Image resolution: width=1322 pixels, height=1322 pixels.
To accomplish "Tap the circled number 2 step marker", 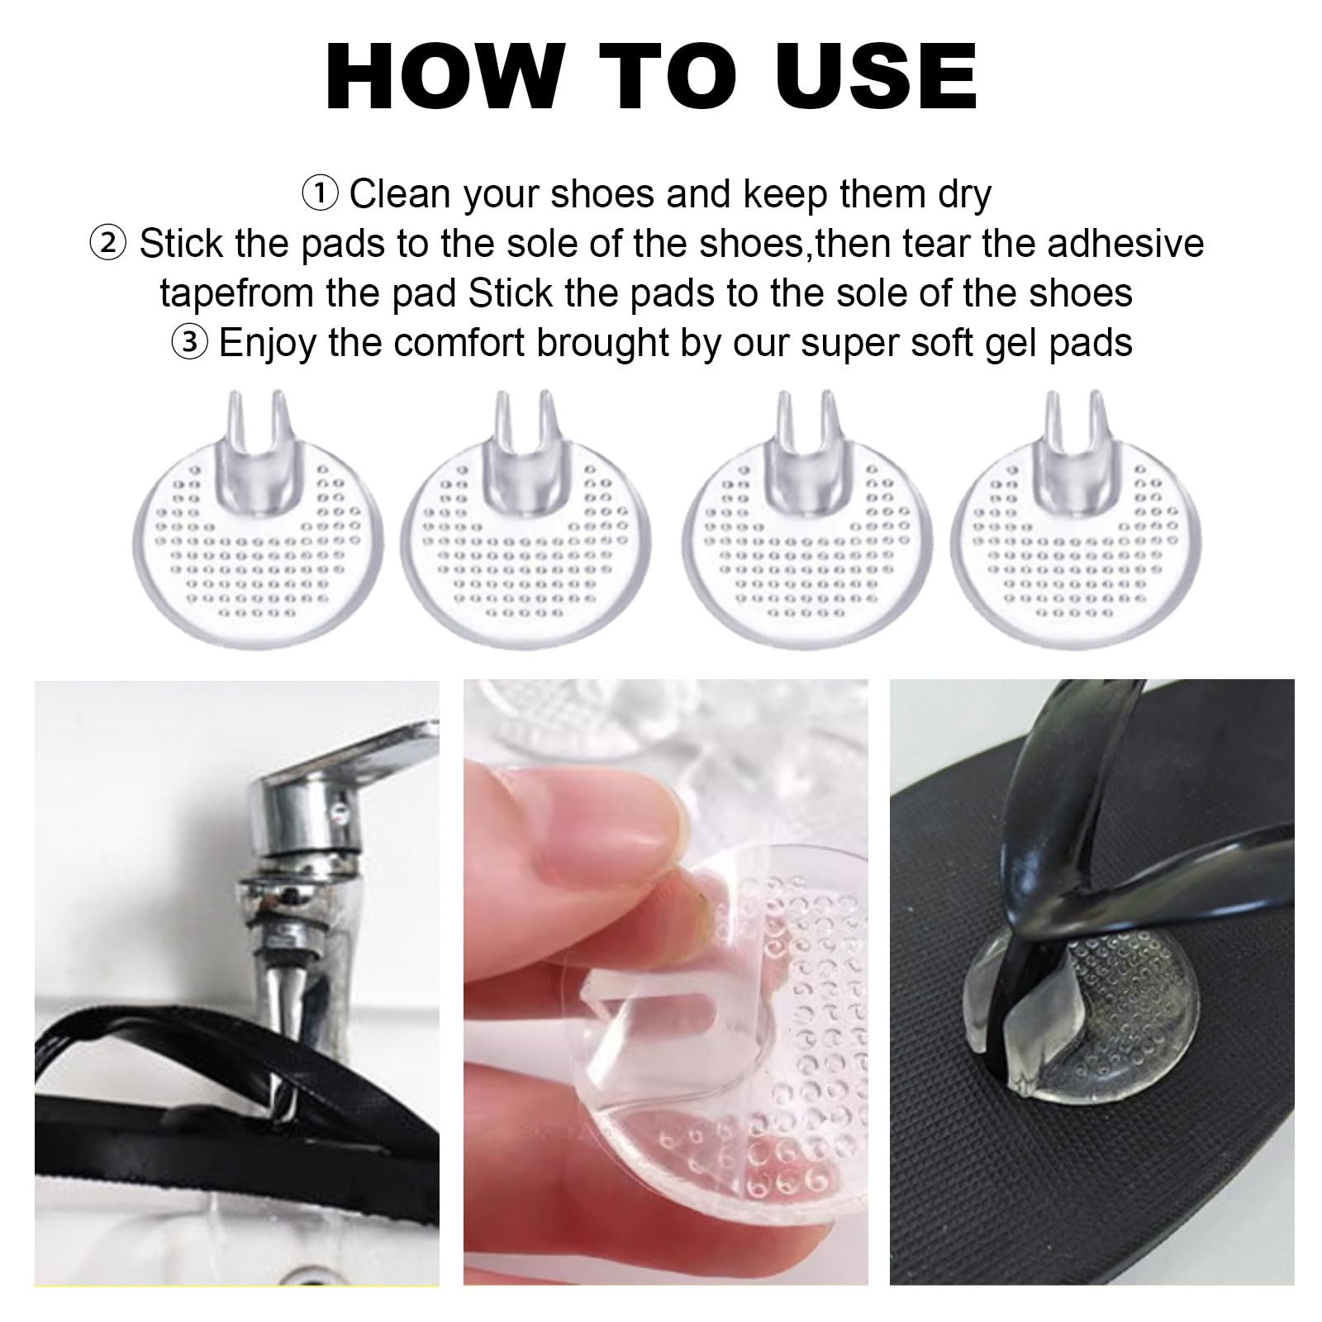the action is coord(107,245).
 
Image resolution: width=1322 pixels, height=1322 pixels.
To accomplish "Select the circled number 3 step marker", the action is coord(188,343).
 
